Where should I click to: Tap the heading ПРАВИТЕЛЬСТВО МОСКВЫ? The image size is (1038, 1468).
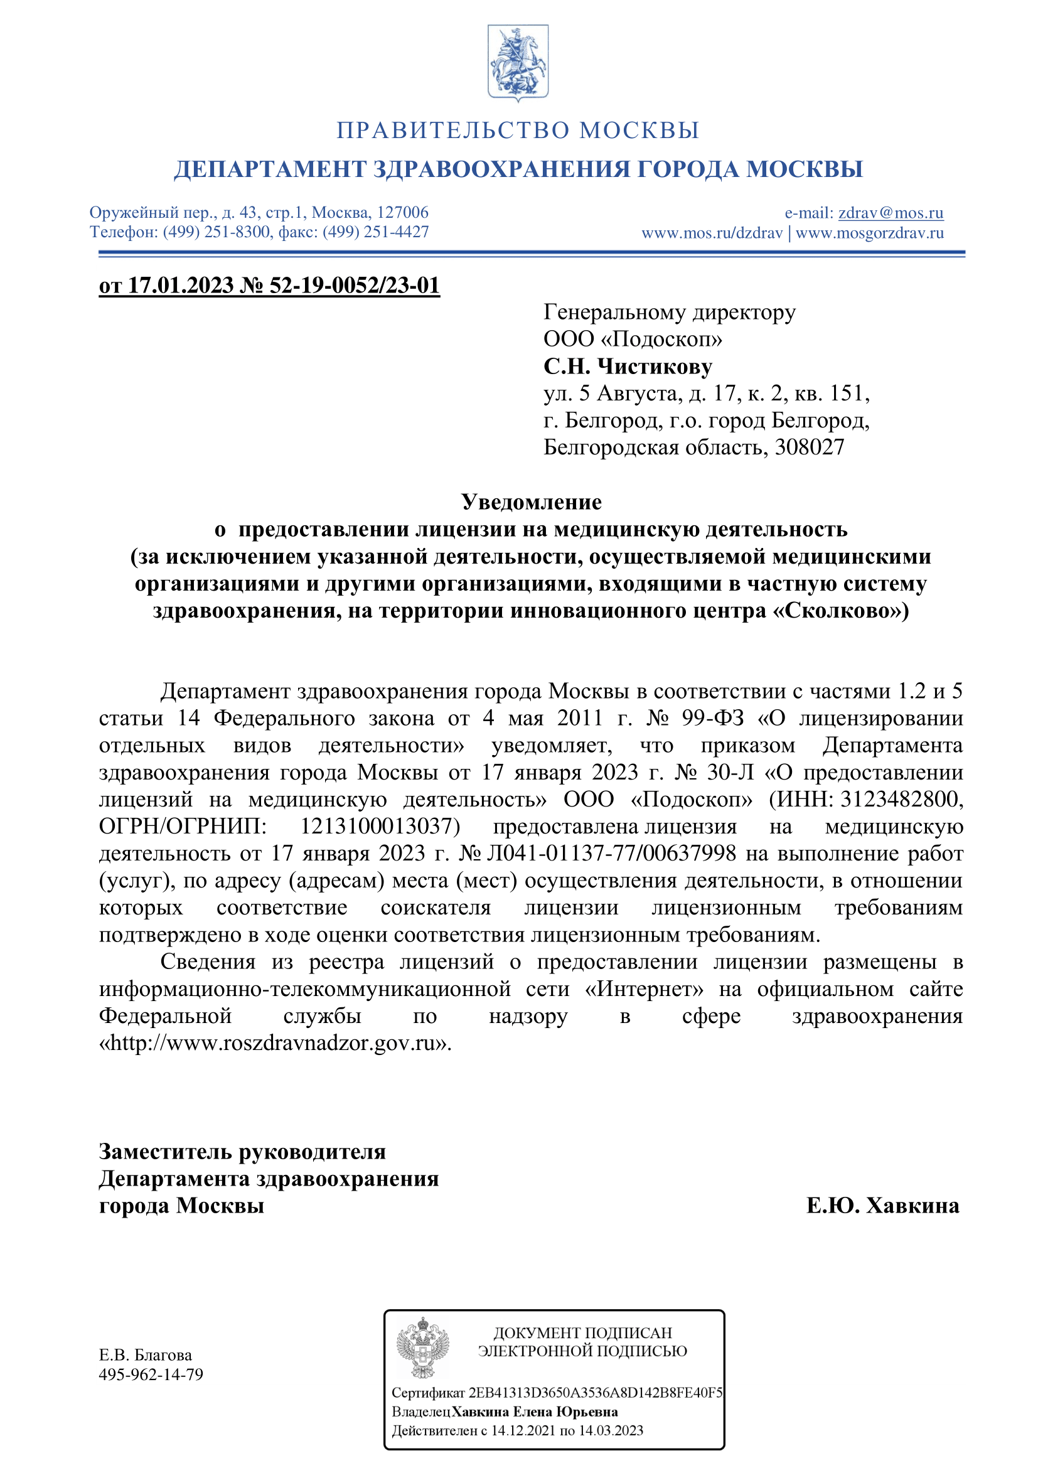pos(518,131)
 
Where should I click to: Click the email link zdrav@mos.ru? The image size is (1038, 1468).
pos(891,213)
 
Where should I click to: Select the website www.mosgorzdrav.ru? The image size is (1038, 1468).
pos(869,233)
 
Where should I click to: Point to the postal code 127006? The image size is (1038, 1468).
pos(403,213)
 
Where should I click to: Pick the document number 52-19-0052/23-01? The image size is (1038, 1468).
pos(355,285)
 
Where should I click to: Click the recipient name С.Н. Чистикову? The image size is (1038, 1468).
pos(628,367)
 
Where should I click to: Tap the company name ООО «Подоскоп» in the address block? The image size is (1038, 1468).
pos(633,339)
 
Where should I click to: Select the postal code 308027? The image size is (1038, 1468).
pos(809,447)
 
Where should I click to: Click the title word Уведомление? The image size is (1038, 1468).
pos(531,502)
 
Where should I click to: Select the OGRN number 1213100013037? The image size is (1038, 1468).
pos(380,826)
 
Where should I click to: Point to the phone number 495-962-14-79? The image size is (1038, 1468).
pos(151,1374)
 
